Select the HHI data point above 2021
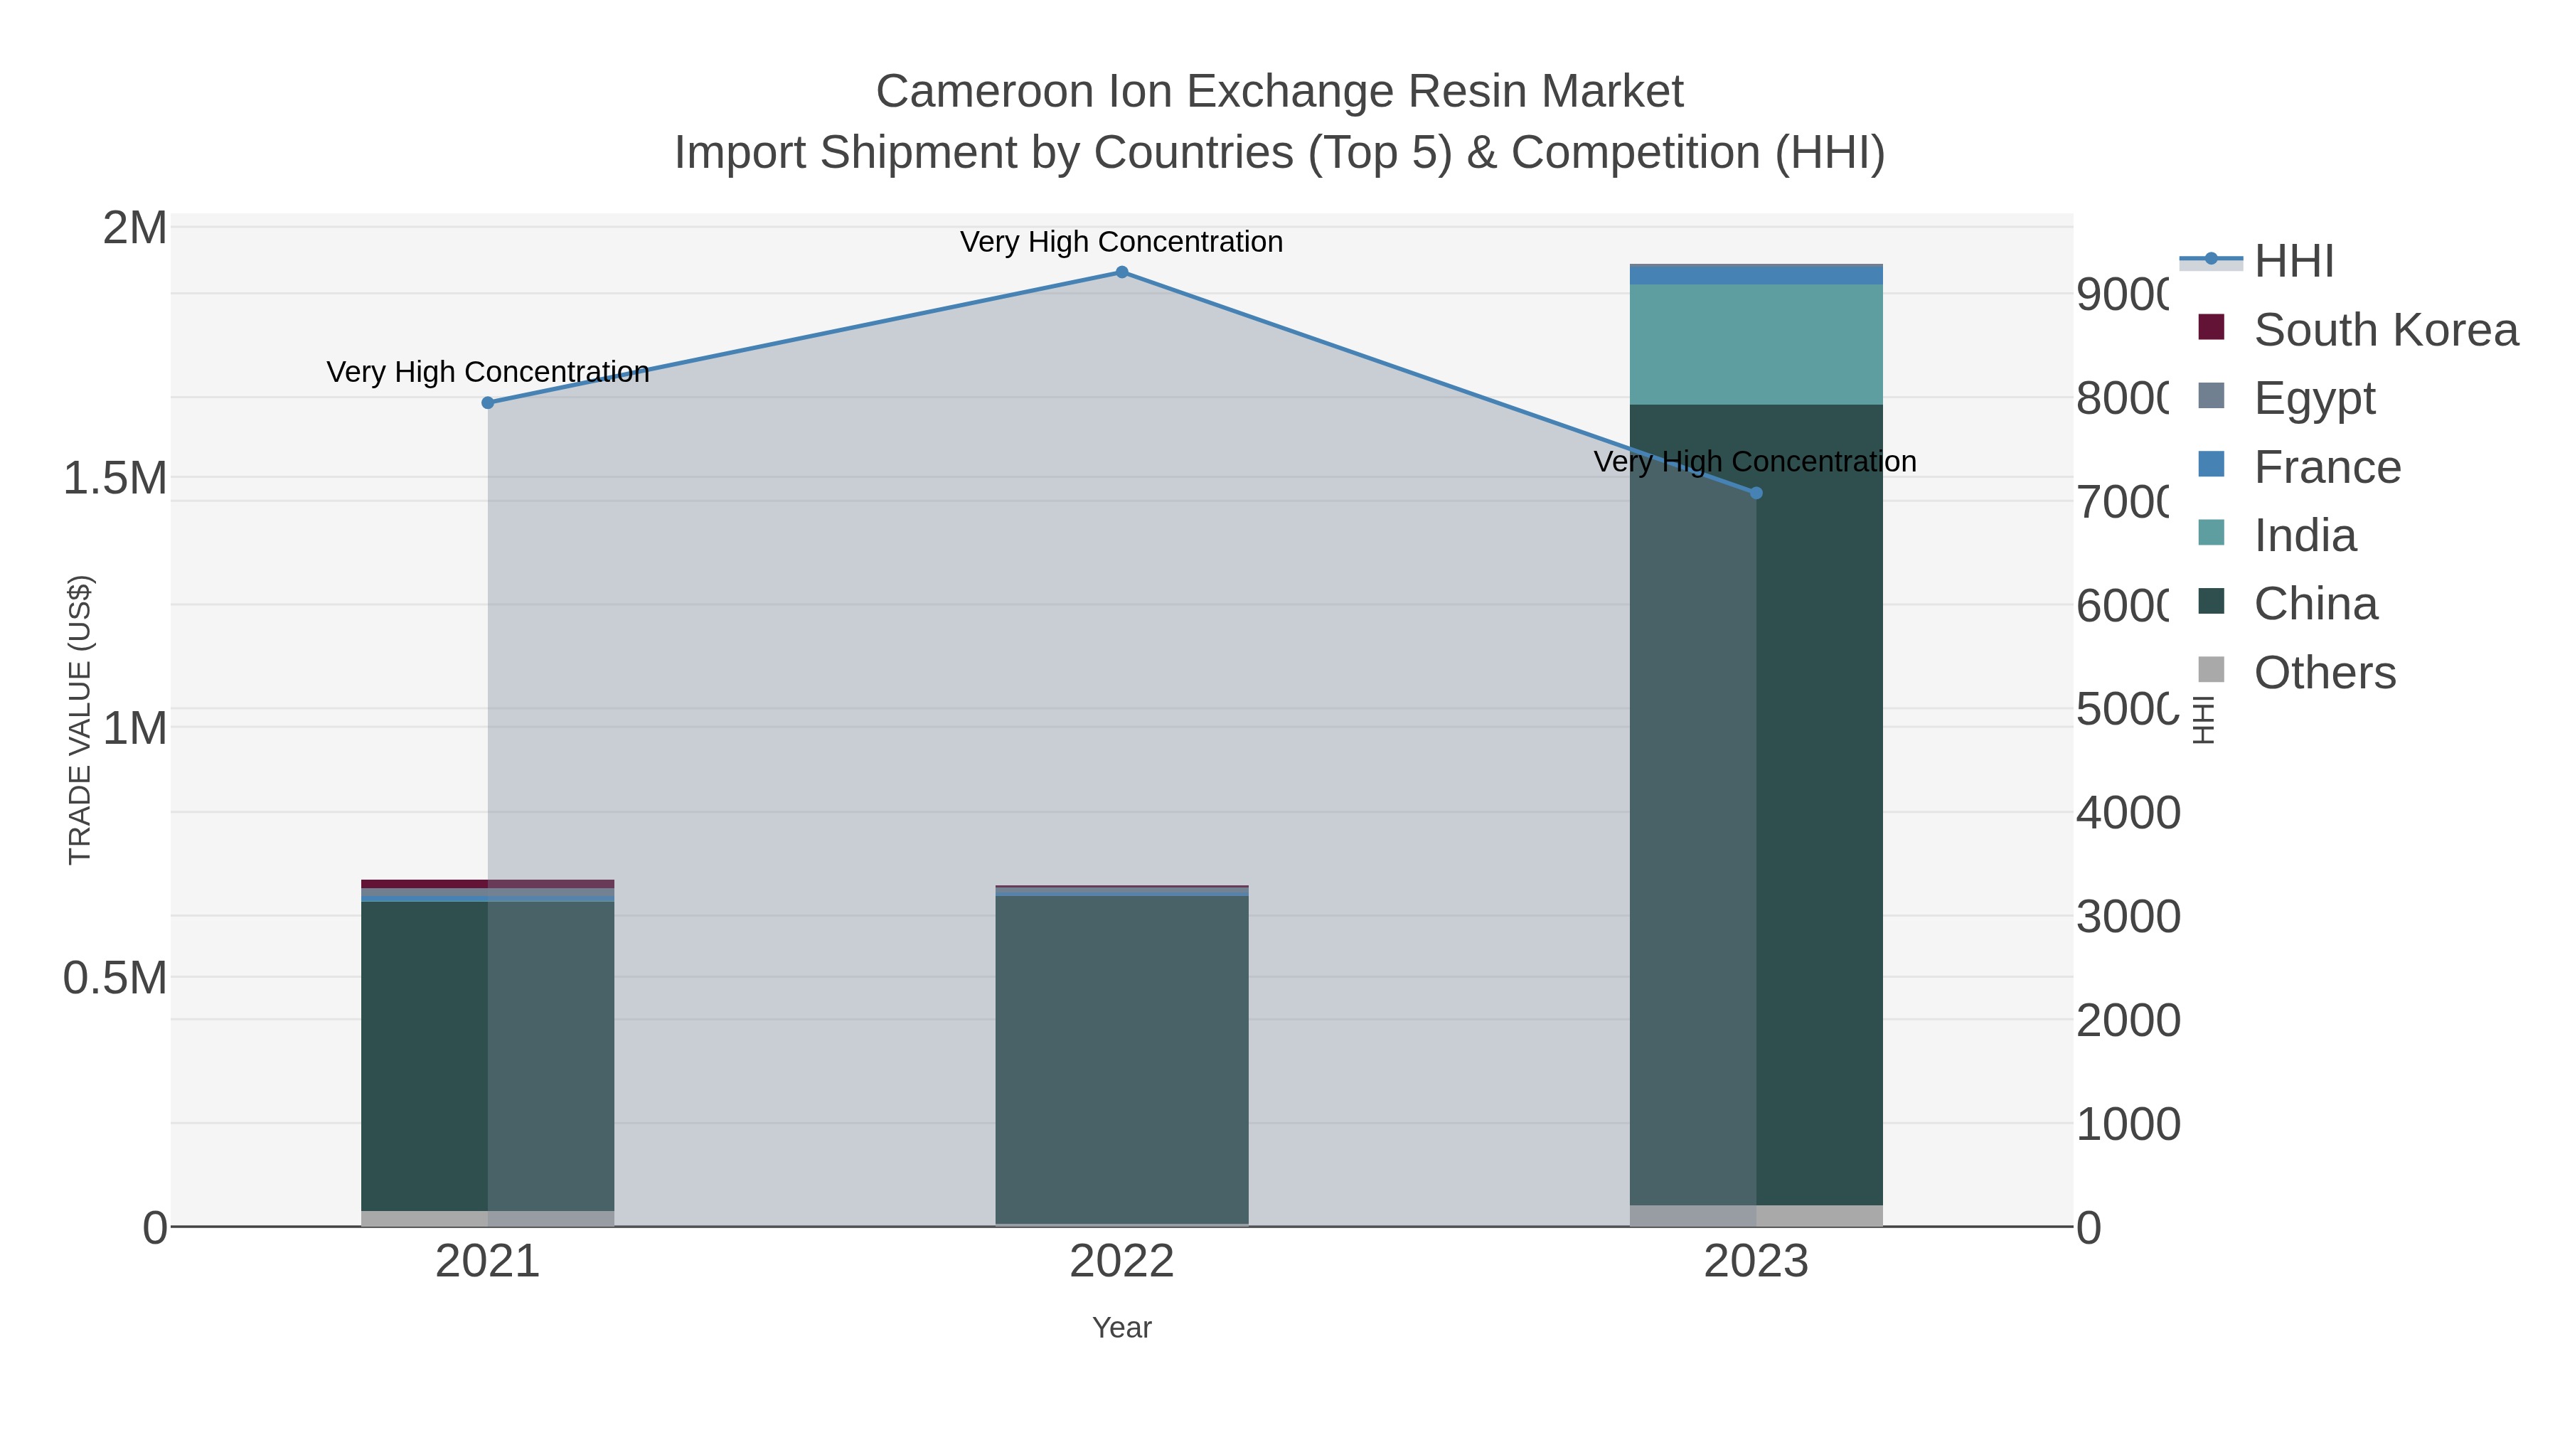click(488, 402)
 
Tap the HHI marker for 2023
click(1756, 493)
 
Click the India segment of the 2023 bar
click(1756, 344)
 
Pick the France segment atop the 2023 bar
click(1756, 275)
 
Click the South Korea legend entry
click(2385, 330)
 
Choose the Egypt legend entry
click(2313, 398)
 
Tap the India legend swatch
click(2211, 533)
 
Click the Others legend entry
click(2323, 673)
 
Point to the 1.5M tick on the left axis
click(115, 478)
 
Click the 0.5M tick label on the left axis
click(115, 978)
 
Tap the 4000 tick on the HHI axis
click(2128, 813)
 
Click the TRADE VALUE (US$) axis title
click(80, 720)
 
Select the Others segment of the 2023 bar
click(1756, 1215)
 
